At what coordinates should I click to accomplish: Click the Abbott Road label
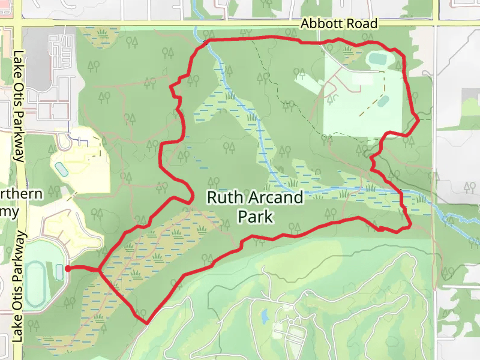(x=340, y=24)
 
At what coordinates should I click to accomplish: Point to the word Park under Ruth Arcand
(x=256, y=216)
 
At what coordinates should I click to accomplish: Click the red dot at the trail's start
(x=68, y=269)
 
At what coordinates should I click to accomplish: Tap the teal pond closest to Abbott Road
(x=378, y=59)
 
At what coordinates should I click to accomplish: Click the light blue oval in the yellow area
(x=61, y=169)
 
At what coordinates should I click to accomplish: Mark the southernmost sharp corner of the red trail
(x=147, y=323)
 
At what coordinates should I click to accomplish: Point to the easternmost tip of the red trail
(x=418, y=121)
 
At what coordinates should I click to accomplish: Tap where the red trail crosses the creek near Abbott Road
(x=206, y=41)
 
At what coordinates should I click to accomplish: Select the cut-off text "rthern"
(x=22, y=194)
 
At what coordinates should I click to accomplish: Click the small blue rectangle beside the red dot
(x=58, y=272)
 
